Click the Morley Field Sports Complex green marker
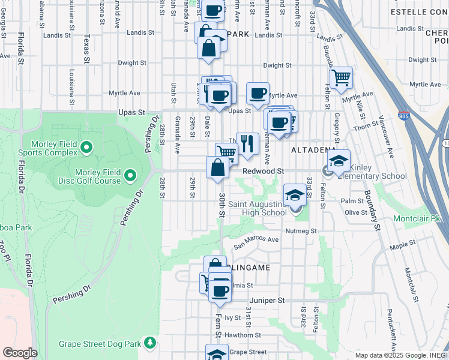click(x=86, y=147)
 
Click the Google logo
click(x=20, y=353)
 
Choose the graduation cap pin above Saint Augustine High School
click(x=294, y=194)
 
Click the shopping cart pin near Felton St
click(x=341, y=77)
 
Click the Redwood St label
click(x=263, y=171)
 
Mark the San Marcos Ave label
click(x=256, y=242)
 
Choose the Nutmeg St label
click(x=300, y=230)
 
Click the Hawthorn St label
click(x=243, y=335)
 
